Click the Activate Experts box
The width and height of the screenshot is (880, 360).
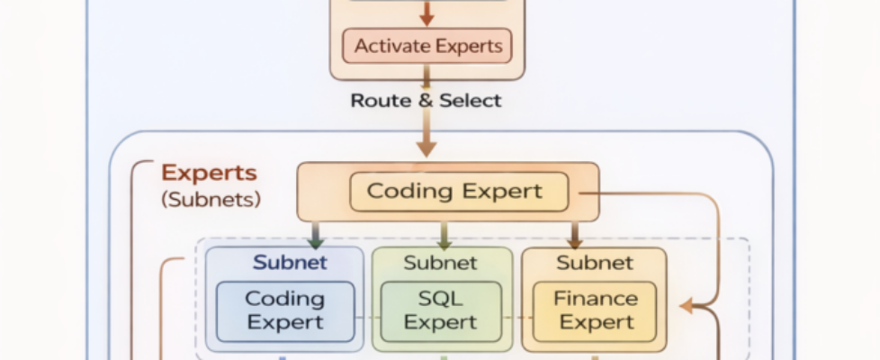pos(427,46)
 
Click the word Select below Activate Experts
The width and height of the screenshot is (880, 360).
pos(469,100)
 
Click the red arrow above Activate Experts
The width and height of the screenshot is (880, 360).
pos(427,14)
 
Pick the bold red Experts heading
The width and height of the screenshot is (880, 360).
pos(209,173)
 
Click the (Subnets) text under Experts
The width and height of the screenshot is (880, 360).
pos(211,199)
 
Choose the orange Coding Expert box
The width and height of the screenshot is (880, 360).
pos(458,192)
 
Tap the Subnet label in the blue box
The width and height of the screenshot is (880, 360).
pos(290,263)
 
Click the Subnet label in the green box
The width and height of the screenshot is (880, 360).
pos(441,263)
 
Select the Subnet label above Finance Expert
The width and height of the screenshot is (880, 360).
pos(594,263)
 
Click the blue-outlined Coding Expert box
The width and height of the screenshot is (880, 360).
pos(284,310)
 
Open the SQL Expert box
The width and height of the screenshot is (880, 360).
pos(440,310)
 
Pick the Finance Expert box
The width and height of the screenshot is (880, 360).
pos(595,310)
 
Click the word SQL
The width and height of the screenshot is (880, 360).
pos(440,298)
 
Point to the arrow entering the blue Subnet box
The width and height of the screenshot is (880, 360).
pos(315,236)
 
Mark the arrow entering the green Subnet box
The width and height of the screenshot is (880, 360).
pos(443,236)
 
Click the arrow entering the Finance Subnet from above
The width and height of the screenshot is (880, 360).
pos(574,236)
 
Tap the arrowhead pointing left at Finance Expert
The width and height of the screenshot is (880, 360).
pos(687,307)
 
